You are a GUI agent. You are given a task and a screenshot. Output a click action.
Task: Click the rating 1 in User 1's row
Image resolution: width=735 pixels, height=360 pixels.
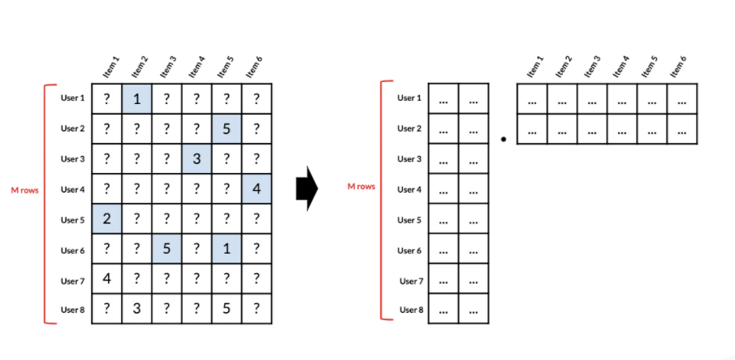coord(136,98)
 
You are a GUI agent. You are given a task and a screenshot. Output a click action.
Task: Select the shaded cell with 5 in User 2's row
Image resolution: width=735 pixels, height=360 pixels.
coord(227,128)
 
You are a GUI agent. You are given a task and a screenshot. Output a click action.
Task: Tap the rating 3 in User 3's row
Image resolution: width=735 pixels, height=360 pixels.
coord(197,159)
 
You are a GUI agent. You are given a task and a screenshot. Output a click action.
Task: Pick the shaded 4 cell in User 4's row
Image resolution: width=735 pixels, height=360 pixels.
coord(256,189)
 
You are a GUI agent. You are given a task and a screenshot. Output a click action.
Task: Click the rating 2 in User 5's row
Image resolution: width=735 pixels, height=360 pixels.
coord(106,219)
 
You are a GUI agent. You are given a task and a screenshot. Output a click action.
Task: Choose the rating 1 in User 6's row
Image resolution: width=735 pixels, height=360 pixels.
coord(227,249)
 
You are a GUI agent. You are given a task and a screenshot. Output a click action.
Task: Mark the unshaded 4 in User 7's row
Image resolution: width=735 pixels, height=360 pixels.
coord(106,280)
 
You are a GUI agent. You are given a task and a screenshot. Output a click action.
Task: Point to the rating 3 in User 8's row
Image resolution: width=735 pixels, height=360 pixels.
coord(136,310)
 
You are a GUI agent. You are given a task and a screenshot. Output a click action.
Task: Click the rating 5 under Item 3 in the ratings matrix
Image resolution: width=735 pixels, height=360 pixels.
coord(166,249)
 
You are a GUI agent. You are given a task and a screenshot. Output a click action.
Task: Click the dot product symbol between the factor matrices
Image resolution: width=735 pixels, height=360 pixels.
coord(504,140)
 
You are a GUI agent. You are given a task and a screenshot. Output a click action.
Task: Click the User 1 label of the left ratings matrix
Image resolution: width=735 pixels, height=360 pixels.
coord(72,98)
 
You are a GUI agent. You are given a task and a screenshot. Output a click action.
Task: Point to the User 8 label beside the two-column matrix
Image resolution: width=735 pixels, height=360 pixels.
coord(409,310)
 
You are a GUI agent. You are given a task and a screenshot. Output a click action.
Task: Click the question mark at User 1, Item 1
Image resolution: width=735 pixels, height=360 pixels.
coord(106,98)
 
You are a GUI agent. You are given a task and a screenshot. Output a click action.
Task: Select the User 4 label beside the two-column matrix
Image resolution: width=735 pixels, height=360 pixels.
coord(409,189)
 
